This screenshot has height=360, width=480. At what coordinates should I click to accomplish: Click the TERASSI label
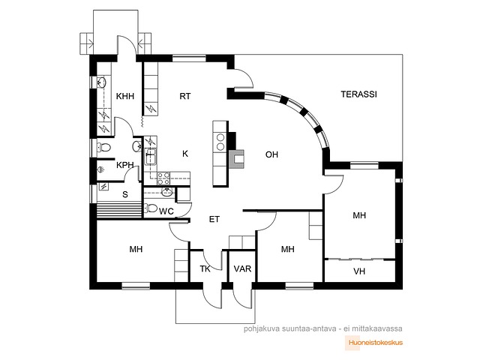[358, 94]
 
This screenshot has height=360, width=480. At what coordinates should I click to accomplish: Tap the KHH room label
[125, 96]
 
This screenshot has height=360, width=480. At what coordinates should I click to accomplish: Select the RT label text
[185, 96]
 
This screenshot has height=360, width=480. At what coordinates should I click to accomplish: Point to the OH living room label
[271, 154]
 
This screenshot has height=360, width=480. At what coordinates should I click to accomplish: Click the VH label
[359, 271]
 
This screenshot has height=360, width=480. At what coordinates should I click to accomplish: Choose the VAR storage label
[242, 268]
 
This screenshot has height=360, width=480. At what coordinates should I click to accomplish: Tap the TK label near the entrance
[205, 268]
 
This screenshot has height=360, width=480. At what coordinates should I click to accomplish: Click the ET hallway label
[214, 219]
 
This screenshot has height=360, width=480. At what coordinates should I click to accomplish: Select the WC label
[166, 211]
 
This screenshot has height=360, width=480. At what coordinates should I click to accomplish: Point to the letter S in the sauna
[125, 194]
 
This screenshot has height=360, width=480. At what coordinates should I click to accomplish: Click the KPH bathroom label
[125, 165]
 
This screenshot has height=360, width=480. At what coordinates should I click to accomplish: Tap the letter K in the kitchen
[185, 154]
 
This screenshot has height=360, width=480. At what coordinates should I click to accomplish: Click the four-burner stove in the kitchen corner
[163, 178]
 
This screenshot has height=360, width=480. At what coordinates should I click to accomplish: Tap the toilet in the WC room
[151, 208]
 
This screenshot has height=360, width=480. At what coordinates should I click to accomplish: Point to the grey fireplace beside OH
[237, 159]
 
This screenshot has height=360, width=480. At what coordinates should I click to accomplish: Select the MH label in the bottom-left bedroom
[136, 249]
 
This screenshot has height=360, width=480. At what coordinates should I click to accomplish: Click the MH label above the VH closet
[359, 215]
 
